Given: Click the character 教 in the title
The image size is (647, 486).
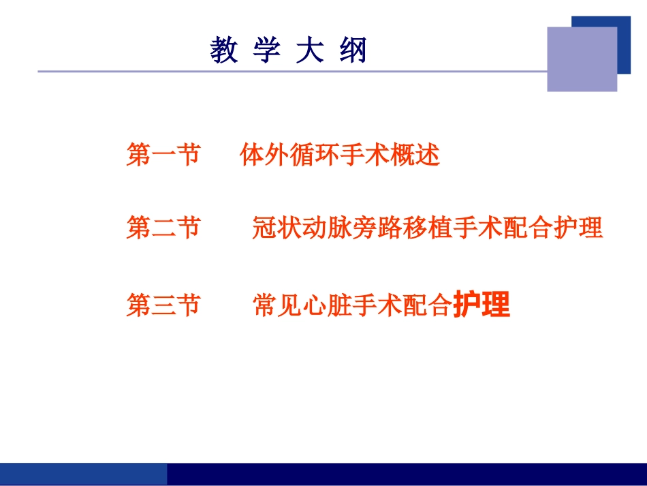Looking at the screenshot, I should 224,51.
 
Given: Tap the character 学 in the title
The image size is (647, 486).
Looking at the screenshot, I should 267,51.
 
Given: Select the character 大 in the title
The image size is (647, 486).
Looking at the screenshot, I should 310,51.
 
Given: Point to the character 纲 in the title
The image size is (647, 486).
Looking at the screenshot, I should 353,51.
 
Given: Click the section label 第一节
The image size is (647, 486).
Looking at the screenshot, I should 163,155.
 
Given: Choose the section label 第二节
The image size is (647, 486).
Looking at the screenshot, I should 163,228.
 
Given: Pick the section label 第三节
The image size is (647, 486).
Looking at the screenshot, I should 163,305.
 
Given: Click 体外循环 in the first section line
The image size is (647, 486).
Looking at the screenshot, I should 289,155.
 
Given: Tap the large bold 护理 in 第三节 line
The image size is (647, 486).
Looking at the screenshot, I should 482,305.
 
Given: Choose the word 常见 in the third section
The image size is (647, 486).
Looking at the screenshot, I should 277,305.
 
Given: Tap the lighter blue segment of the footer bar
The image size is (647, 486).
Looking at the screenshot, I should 83,474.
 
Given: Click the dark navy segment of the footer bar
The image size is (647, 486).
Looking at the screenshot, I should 406,474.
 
